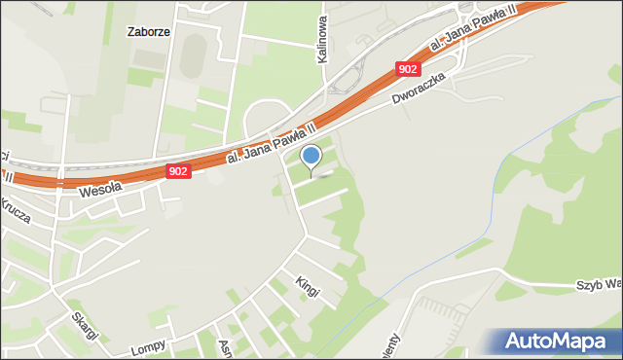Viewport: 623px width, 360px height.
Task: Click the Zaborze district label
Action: [x=150, y=31]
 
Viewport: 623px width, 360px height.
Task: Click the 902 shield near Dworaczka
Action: [x=409, y=69]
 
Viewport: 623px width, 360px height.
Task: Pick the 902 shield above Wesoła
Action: [x=177, y=171]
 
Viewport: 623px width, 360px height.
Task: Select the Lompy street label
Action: [x=146, y=346]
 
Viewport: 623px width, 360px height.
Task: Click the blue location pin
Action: [x=311, y=157]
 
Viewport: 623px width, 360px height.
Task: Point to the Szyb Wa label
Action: [x=598, y=285]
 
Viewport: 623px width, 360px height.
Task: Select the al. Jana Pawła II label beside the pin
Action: [x=270, y=144]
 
